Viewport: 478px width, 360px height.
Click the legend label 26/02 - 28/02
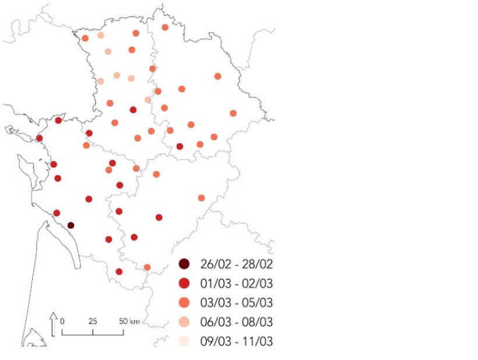pos(237,264)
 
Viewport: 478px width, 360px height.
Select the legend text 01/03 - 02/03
pos(237,283)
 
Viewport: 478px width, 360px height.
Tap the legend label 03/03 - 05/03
pos(237,302)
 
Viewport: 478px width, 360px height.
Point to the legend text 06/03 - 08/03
pos(237,321)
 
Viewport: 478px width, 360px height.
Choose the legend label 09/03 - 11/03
pos(237,341)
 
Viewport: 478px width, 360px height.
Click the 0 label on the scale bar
pos(62,321)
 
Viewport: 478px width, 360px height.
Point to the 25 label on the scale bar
pos(93,321)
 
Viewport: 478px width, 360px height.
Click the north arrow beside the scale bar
pos(53,324)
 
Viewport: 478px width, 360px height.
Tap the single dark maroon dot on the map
pos(71,225)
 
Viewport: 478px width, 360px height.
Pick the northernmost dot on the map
pos(165,27)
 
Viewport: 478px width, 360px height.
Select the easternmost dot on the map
pos(233,113)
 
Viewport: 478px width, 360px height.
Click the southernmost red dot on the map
pos(119,271)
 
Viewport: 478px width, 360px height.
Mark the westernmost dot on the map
pos(39,138)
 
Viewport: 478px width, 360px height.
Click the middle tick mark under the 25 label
pos(93,333)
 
